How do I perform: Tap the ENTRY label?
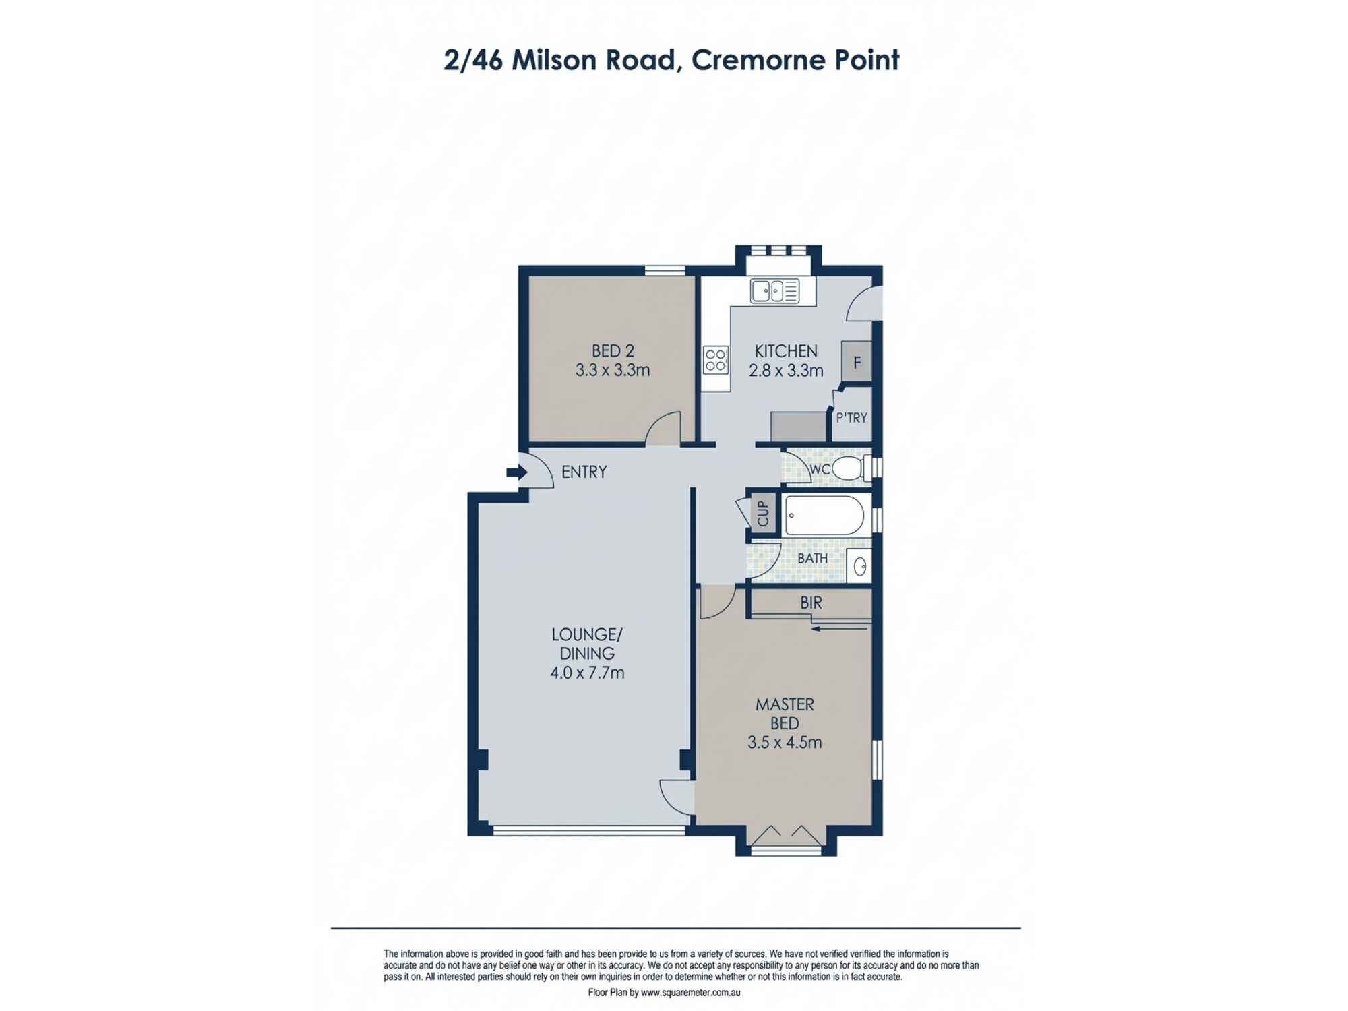[584, 472]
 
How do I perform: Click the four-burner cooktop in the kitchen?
[715, 360]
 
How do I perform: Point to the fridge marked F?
[857, 363]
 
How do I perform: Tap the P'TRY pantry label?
[851, 418]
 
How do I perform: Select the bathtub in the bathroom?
[824, 516]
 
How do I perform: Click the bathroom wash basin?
[859, 566]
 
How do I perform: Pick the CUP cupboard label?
[763, 514]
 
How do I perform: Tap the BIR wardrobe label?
[811, 603]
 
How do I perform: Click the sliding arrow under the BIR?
[839, 629]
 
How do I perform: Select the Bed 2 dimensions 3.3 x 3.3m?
[612, 370]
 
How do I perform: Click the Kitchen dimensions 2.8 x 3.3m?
[786, 371]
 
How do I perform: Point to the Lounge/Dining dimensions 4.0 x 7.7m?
[587, 673]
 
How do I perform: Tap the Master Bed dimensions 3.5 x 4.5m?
[785, 743]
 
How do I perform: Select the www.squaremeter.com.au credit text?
[690, 993]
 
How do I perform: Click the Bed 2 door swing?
[664, 429]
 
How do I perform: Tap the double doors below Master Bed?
[786, 836]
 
